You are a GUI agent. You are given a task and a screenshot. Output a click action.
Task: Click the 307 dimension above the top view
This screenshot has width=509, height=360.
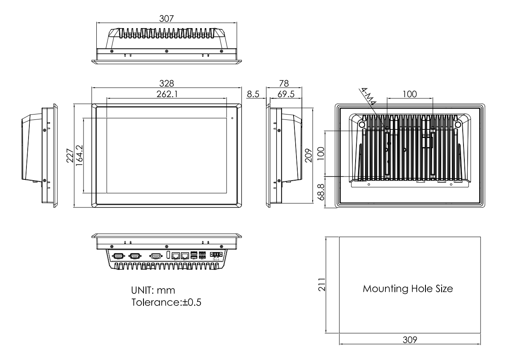click(x=166, y=19)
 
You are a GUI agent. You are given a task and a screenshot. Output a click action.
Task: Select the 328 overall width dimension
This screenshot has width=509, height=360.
click(x=166, y=83)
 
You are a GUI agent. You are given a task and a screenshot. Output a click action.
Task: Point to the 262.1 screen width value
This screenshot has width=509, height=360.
click(x=166, y=94)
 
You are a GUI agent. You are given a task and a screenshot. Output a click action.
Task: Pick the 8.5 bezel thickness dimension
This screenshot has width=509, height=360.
click(x=253, y=94)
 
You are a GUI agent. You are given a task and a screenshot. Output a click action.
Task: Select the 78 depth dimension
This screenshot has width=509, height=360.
click(x=284, y=83)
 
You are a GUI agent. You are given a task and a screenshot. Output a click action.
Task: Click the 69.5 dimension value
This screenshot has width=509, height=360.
click(x=286, y=94)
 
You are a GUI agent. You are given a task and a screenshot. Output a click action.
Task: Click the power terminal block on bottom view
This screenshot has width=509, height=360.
click(x=215, y=255)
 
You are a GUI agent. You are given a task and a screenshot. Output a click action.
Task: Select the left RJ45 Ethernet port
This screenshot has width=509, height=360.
click(x=176, y=255)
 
